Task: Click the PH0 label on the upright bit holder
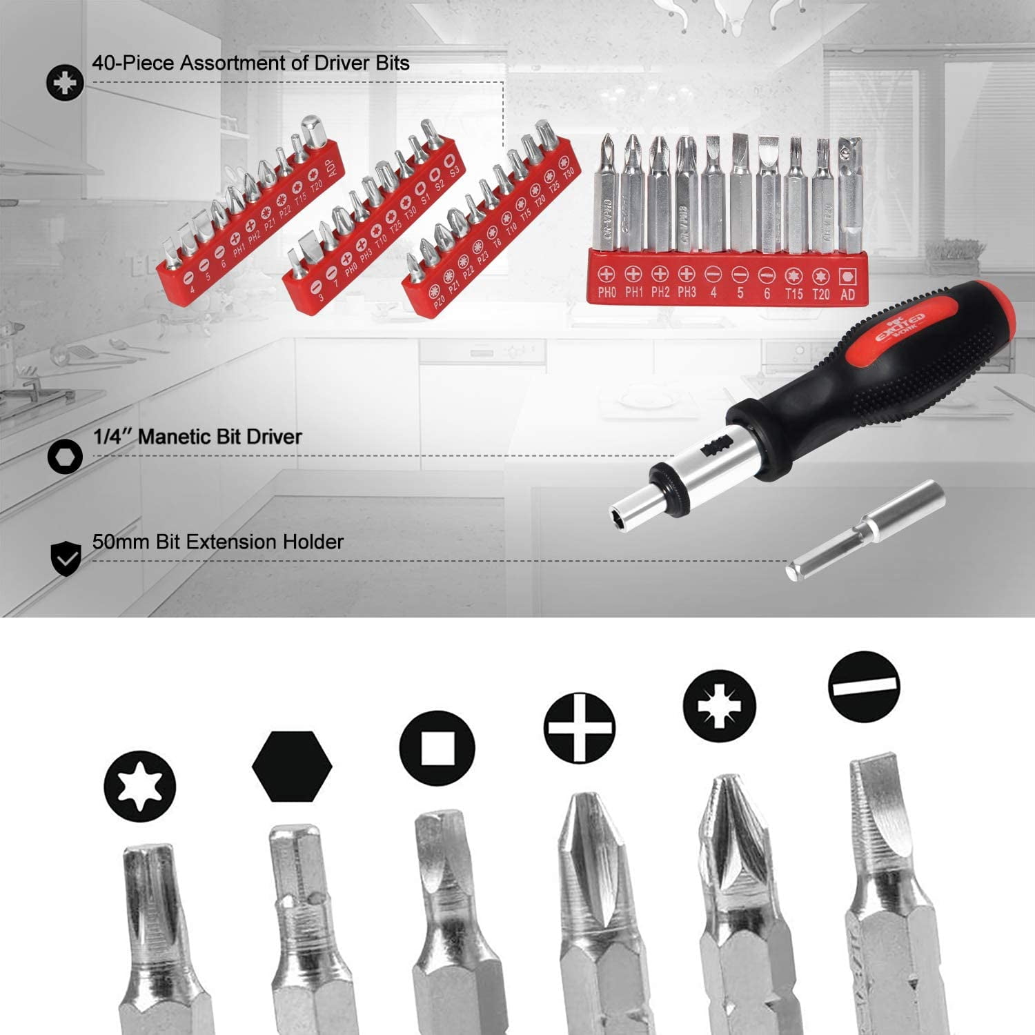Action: coord(607,292)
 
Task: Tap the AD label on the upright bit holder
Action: coord(848,295)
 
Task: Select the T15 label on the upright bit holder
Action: coord(793,294)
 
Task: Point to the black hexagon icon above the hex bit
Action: coord(292,766)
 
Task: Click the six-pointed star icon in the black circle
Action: coord(140,786)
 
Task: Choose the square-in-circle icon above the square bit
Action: coord(437,748)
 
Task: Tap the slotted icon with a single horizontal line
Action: coord(865,687)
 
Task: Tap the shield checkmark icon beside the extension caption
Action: coord(66,558)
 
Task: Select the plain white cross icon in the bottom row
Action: coord(579,728)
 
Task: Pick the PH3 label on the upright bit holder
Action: coord(687,292)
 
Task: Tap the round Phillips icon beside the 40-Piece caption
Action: coord(65,83)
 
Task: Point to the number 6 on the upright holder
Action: coord(767,293)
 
